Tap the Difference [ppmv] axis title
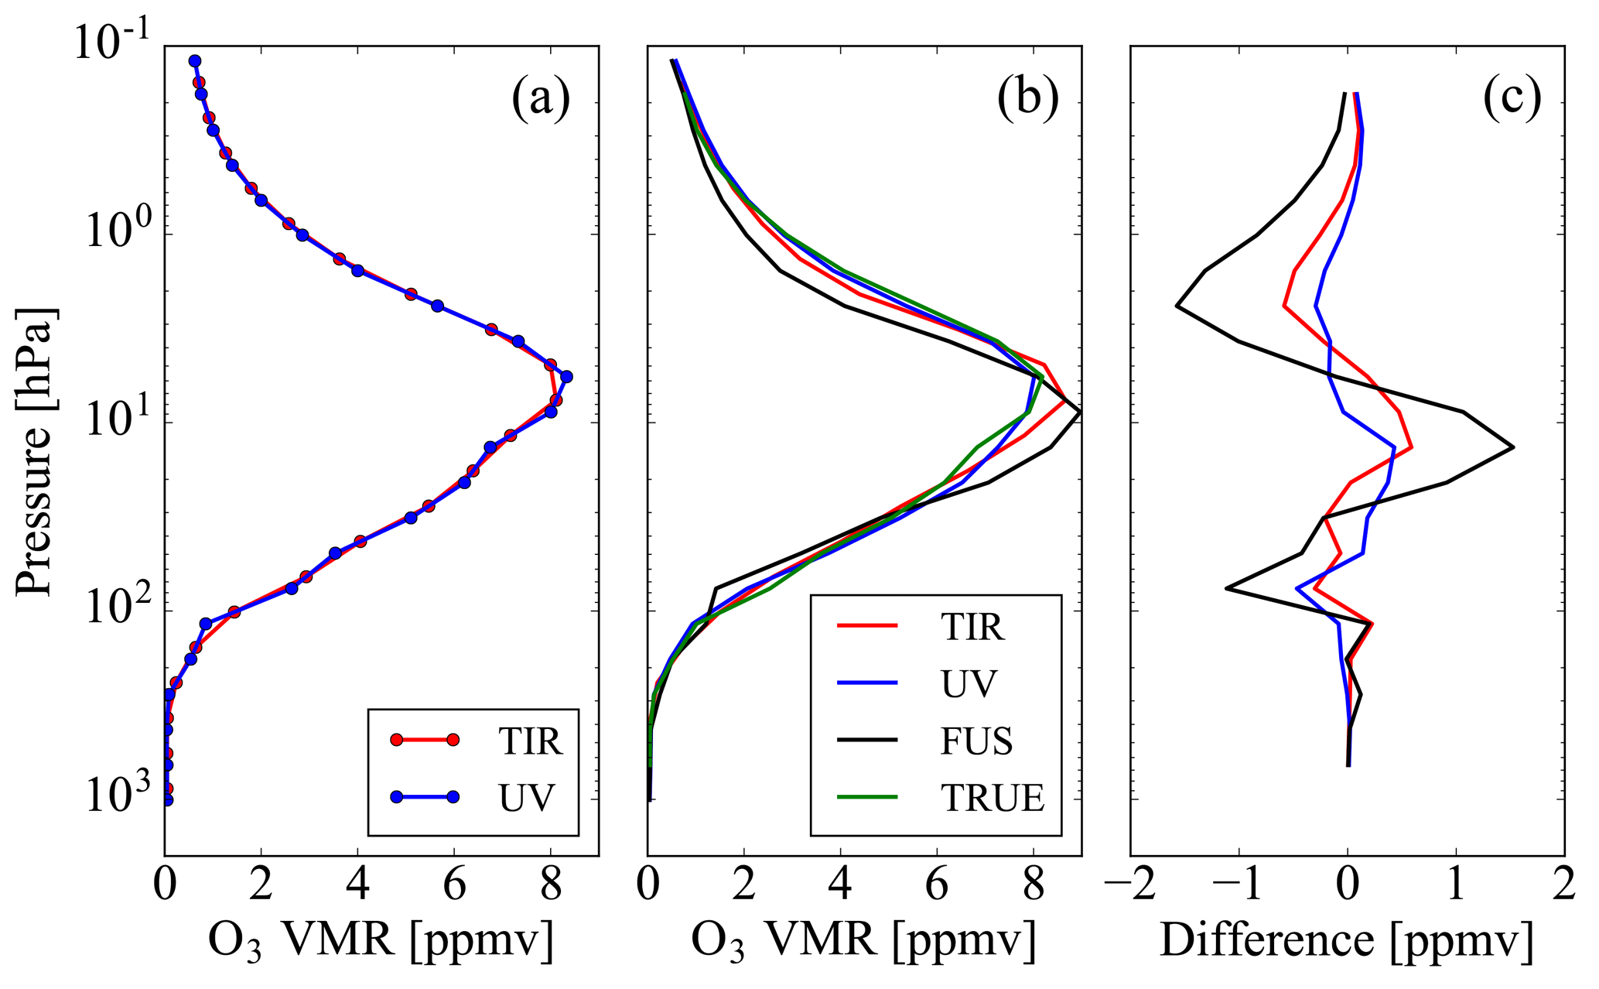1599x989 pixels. tap(1346, 942)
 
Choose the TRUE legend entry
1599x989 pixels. tap(993, 798)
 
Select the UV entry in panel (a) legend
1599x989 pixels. tap(527, 797)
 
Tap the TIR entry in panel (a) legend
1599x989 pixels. tap(530, 741)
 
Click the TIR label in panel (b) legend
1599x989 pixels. tap(972, 627)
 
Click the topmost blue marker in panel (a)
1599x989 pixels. tap(195, 61)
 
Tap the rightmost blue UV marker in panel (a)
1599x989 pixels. tap(566, 377)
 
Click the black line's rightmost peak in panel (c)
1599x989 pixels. tap(1512, 447)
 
